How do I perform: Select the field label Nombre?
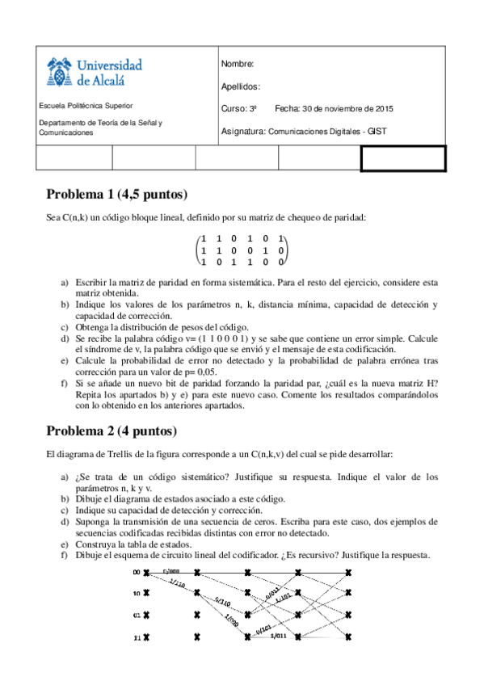point(237,64)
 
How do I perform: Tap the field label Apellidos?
point(240,86)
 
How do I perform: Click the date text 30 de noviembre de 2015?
point(346,108)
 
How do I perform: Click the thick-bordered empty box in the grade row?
point(402,158)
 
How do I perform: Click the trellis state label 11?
point(137,637)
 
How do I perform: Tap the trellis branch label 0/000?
point(171,569)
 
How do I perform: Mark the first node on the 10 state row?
point(146,594)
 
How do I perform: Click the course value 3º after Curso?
point(252,108)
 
